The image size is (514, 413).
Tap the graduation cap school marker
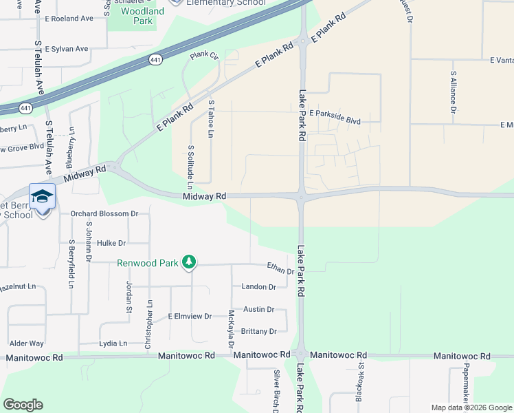42,196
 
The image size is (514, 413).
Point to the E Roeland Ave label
69,19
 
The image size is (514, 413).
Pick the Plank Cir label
204,55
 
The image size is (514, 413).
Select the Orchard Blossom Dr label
104,213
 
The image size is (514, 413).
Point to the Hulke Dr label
111,243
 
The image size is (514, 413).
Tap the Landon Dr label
258,287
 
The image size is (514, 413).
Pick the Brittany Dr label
259,331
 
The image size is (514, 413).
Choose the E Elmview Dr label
190,317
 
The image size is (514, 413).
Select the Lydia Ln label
113,343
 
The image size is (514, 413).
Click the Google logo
23,405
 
